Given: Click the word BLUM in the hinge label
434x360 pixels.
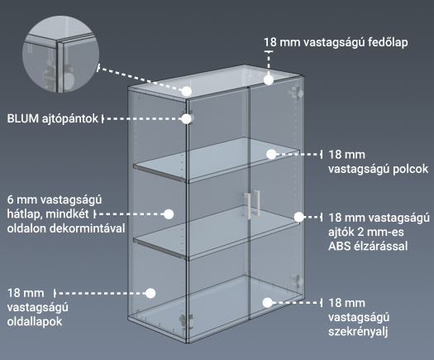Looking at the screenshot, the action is [x=22, y=118].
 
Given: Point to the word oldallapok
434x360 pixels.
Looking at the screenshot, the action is [x=35, y=322].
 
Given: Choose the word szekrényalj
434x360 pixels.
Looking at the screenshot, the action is [x=358, y=332].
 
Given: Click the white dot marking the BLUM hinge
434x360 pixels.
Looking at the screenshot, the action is [x=187, y=118].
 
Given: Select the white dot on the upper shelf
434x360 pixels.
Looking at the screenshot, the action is [x=271, y=155].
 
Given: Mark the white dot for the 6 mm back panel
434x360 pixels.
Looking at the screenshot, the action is [x=169, y=214].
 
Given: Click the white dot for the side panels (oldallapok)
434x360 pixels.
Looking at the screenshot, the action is [x=150, y=293].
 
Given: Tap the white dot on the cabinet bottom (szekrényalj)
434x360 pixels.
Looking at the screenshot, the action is [x=267, y=303].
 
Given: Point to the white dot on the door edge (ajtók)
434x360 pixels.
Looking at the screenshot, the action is [x=299, y=217].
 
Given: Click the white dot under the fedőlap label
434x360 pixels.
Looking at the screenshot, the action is [x=269, y=79].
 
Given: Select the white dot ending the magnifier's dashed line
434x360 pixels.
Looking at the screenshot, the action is [x=187, y=91].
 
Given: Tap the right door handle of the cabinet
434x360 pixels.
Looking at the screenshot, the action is [x=256, y=202].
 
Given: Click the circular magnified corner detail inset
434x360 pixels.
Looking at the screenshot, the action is [x=60, y=54].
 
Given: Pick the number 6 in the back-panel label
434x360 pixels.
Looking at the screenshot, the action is [x=10, y=199].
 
